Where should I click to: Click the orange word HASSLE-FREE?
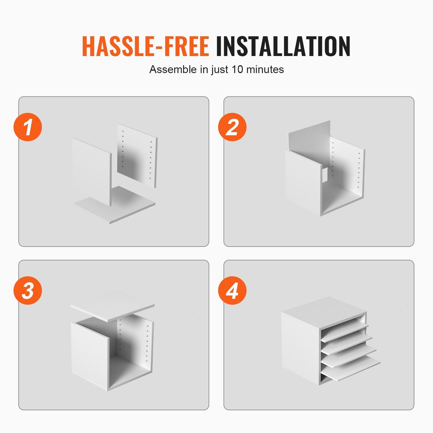click(x=145, y=46)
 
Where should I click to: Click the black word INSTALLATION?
click(x=283, y=46)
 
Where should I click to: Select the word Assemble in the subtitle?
click(x=173, y=69)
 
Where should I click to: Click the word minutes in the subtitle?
click(x=265, y=69)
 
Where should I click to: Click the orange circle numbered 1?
click(x=28, y=127)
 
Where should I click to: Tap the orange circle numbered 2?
click(x=232, y=127)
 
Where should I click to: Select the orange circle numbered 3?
click(x=28, y=290)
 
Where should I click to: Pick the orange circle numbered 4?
click(x=232, y=290)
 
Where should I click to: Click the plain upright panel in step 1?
click(x=92, y=172)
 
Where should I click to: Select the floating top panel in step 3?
click(x=112, y=307)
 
